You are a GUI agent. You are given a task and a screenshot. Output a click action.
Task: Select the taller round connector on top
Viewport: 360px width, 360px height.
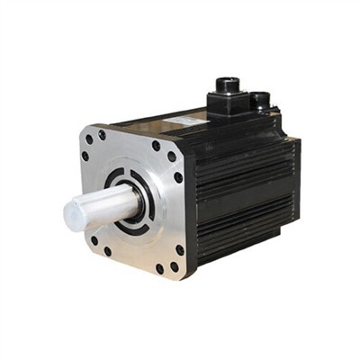coord(226,90)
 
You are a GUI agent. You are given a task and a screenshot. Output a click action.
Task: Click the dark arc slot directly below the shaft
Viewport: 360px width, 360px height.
coord(133,225)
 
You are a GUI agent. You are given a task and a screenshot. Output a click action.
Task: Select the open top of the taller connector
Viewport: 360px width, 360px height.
coord(226,83)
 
